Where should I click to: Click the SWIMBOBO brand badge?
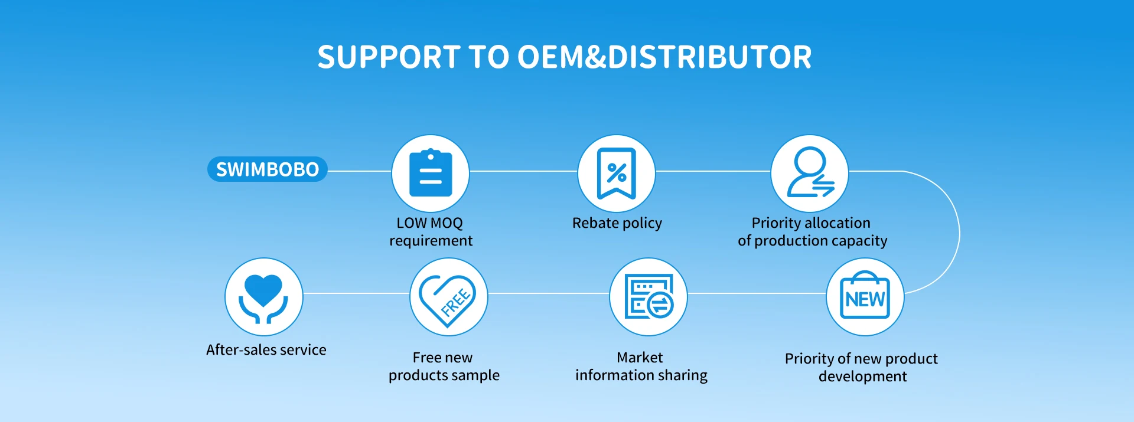(267, 169)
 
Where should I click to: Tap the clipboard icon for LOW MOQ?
(431, 173)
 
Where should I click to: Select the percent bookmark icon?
(616, 173)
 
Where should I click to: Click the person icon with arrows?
(810, 173)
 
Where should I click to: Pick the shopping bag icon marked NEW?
(865, 297)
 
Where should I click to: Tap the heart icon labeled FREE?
(448, 297)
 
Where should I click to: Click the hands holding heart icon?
(263, 297)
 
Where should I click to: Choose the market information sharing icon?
(649, 297)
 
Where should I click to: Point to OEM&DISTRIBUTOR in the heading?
(664, 57)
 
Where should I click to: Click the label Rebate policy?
(617, 223)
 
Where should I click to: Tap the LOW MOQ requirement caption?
(431, 231)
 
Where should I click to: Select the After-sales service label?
(266, 350)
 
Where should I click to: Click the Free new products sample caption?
(444, 366)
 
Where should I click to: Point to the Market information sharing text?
(641, 366)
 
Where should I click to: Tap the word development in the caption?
(862, 377)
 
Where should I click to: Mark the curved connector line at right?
(959, 233)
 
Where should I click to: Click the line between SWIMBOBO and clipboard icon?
(359, 171)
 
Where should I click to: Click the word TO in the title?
(488, 57)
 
